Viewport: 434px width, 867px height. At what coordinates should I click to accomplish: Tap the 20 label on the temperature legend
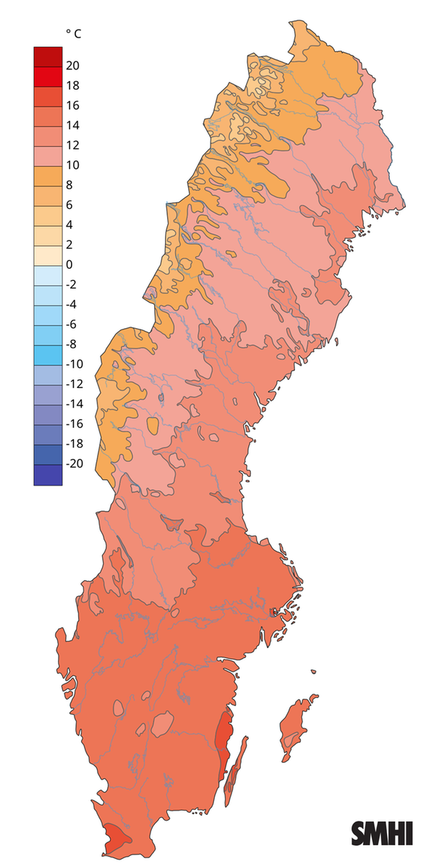tap(72, 66)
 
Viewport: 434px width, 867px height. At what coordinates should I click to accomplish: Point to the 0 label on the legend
tap(69, 264)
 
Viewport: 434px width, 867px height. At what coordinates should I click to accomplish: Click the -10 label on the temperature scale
tap(75, 364)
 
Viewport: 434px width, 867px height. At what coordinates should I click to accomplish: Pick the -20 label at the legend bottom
tap(75, 464)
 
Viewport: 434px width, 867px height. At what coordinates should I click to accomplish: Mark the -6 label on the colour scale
tap(72, 324)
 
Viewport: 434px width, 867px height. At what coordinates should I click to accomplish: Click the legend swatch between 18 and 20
tap(48, 76)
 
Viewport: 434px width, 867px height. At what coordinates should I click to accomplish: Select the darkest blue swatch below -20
tap(48, 474)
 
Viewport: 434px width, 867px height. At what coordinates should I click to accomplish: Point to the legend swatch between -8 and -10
tap(48, 355)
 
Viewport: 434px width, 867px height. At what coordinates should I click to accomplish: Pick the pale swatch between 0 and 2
tap(48, 255)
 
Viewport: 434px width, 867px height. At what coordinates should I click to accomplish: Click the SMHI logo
tap(382, 832)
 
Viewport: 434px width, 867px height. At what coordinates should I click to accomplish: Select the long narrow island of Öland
tap(237, 769)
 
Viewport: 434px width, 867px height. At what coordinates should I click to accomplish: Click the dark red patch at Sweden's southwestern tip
tap(114, 838)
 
